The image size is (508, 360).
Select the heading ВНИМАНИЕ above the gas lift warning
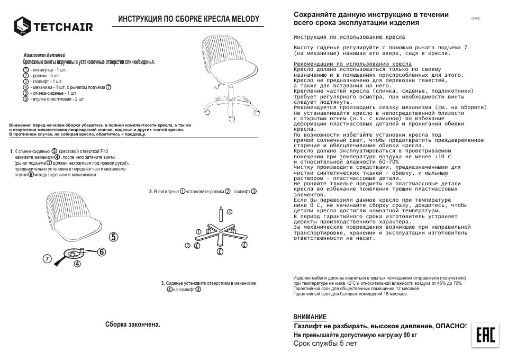[310, 317]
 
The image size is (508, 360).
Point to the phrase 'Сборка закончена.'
[132, 324]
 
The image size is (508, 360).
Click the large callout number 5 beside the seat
[114, 237]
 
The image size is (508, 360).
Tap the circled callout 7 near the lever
[47, 259]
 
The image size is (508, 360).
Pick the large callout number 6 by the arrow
[102, 253]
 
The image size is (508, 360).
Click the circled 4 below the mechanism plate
[77, 263]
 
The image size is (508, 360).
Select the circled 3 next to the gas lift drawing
[230, 211]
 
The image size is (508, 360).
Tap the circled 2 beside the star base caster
[187, 246]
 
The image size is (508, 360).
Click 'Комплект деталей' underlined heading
[45, 55]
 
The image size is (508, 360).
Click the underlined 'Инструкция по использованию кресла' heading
[349, 38]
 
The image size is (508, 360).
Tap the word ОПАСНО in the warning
[449, 326]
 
